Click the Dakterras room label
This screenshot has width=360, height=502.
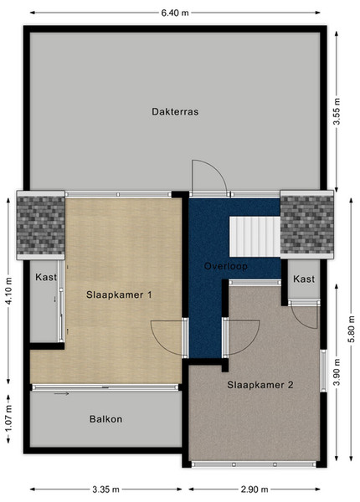coord(175,112)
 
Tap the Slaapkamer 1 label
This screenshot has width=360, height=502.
coord(119,295)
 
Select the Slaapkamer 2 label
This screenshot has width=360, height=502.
coord(260,385)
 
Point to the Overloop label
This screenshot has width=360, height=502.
coord(226,266)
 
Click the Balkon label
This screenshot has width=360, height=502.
coord(105,419)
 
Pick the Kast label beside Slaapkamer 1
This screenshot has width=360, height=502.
coord(46,277)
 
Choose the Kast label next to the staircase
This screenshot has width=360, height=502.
coord(304,279)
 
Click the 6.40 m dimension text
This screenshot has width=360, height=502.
coord(175,13)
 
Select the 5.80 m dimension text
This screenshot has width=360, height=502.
coord(352,329)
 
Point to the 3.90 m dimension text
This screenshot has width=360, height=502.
coord(337,372)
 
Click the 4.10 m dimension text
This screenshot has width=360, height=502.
coord(8,291)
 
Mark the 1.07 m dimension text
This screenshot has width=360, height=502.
coord(8,419)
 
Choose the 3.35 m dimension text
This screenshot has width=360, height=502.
coord(106,489)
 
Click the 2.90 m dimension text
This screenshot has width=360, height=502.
coord(255,489)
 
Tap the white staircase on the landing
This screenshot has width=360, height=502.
coord(255,237)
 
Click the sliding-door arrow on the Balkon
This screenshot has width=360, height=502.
coord(61,393)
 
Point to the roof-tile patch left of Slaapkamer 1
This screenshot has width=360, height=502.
coord(41,225)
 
